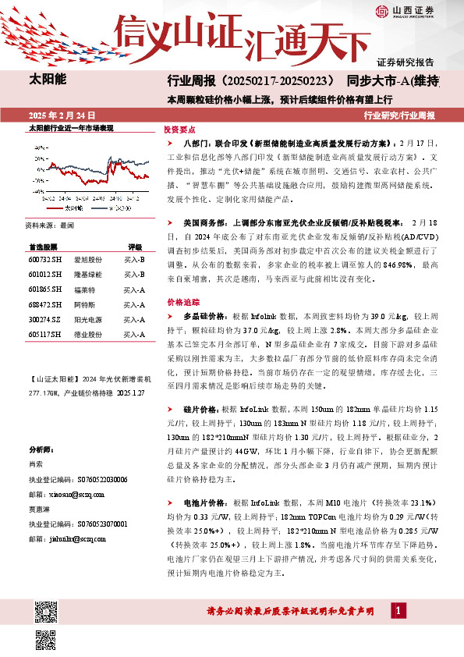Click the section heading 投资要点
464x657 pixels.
click(179, 130)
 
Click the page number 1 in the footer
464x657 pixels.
click(400, 609)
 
